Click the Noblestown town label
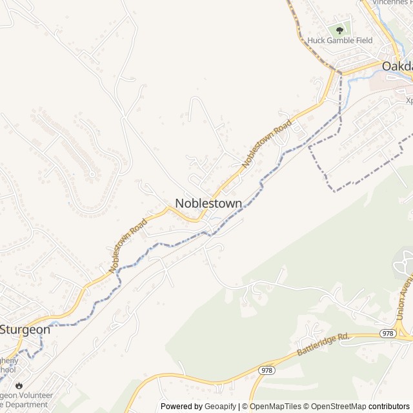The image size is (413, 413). pyautogui.click(x=208, y=203)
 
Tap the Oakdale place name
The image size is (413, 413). pyautogui.click(x=397, y=66)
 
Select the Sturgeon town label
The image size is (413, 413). pyautogui.click(x=25, y=329)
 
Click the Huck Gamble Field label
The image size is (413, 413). pyautogui.click(x=340, y=40)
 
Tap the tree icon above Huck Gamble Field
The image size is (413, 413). pyautogui.click(x=339, y=29)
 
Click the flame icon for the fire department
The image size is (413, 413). pyautogui.click(x=18, y=385)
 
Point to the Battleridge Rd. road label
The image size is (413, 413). pyautogui.click(x=323, y=345)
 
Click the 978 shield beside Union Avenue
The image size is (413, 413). pyautogui.click(x=388, y=333)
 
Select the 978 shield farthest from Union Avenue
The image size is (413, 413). pyautogui.click(x=267, y=370)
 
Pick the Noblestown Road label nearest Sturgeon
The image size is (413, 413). pyautogui.click(x=128, y=245)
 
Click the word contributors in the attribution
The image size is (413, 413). pyautogui.click(x=389, y=407)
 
